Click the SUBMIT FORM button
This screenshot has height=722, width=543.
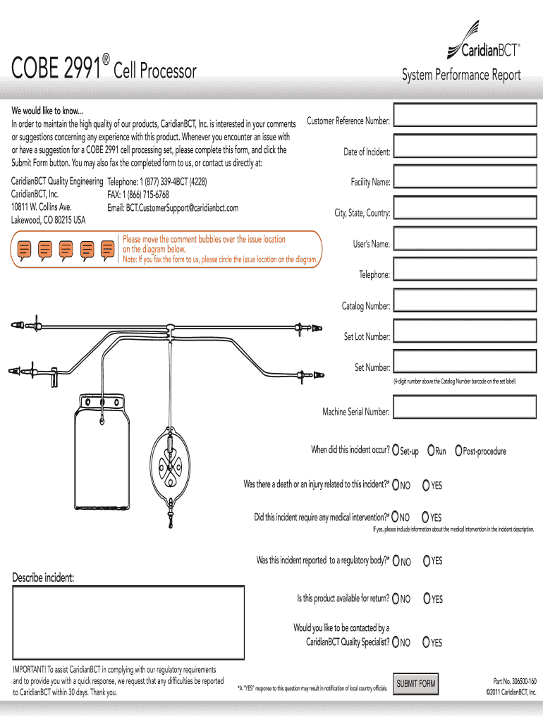[x=416, y=684]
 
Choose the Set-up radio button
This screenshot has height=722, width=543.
[x=396, y=450]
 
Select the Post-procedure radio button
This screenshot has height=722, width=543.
[x=459, y=450]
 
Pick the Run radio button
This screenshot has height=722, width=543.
[x=432, y=450]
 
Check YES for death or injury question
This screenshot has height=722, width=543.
[x=427, y=484]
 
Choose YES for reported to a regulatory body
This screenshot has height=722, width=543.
[x=427, y=561]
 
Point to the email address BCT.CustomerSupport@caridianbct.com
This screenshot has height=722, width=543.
[x=173, y=208]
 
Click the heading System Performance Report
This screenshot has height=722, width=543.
[x=461, y=75]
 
